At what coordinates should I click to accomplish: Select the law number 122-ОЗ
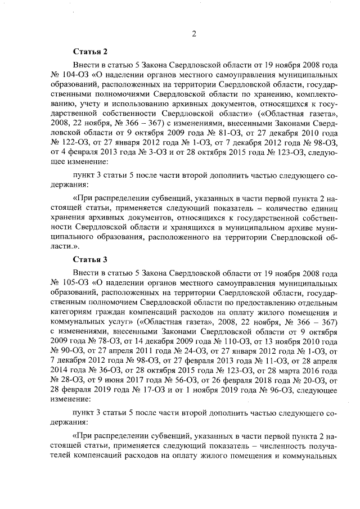click(72, 145)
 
